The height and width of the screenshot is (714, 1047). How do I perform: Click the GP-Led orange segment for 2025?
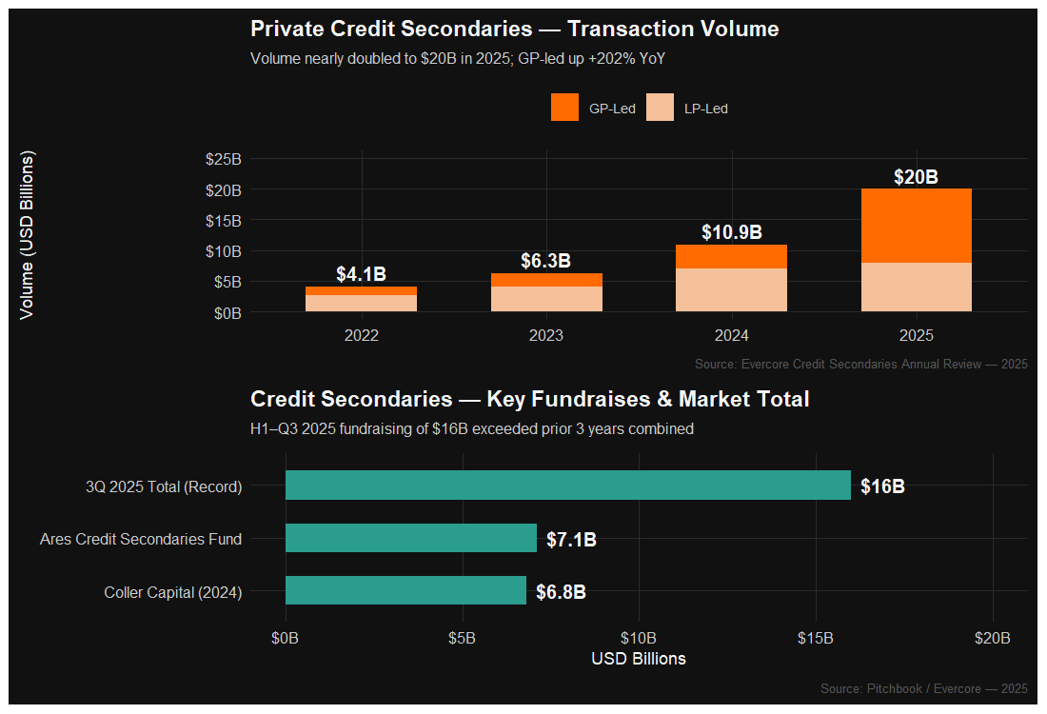click(916, 226)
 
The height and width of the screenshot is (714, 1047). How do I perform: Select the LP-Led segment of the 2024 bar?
click(731, 290)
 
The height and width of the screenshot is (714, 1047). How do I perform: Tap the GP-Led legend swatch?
click(564, 108)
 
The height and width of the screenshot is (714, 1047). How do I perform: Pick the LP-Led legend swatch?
click(660, 108)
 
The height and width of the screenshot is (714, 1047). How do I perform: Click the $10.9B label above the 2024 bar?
click(731, 232)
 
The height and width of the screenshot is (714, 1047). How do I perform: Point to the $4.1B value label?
click(361, 274)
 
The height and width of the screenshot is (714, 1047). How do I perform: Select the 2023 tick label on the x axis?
click(546, 335)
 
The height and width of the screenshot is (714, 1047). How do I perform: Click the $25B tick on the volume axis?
click(224, 159)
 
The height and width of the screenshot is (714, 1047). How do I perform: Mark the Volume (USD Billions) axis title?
click(28, 234)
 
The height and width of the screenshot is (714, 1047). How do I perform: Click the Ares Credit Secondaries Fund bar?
click(410, 538)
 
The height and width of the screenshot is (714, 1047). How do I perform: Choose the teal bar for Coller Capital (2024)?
click(405, 590)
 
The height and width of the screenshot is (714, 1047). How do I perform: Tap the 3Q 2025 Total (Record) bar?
click(567, 486)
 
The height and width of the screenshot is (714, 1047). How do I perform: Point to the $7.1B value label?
click(571, 540)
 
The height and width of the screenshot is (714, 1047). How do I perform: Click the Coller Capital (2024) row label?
click(172, 592)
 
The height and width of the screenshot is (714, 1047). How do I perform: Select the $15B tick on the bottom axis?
click(816, 637)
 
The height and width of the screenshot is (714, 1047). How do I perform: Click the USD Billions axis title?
click(638, 659)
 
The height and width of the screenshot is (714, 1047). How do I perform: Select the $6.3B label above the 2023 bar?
click(545, 261)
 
